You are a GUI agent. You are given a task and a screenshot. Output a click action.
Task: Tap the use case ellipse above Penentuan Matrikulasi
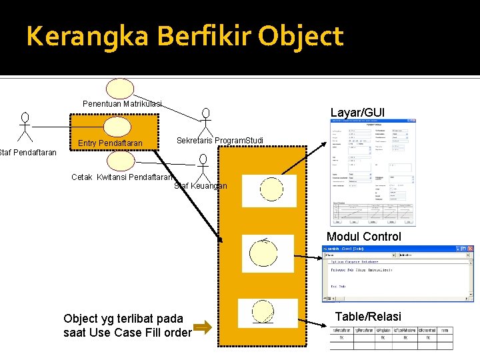point(121,88)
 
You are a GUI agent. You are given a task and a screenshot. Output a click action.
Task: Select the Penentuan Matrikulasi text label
point(122,104)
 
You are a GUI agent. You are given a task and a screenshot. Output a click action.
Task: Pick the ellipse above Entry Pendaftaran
point(118,127)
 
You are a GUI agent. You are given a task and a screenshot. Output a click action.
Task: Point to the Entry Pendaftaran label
point(110,143)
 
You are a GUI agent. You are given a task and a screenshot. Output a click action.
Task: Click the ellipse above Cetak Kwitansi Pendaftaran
point(121,161)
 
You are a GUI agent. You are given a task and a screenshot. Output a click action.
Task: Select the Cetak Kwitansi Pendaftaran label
point(123,177)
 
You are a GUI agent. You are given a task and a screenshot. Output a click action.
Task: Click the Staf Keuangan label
point(201,186)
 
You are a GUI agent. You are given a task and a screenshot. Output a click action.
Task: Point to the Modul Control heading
point(364,237)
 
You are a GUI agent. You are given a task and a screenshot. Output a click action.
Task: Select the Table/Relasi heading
point(368,316)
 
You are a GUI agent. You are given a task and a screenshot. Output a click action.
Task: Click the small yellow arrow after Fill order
point(203,327)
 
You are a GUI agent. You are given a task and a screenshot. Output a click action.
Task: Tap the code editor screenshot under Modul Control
point(397,274)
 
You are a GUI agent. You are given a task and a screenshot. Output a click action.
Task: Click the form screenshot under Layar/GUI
point(373,173)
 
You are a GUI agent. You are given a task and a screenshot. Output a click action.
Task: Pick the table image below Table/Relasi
point(391,337)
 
